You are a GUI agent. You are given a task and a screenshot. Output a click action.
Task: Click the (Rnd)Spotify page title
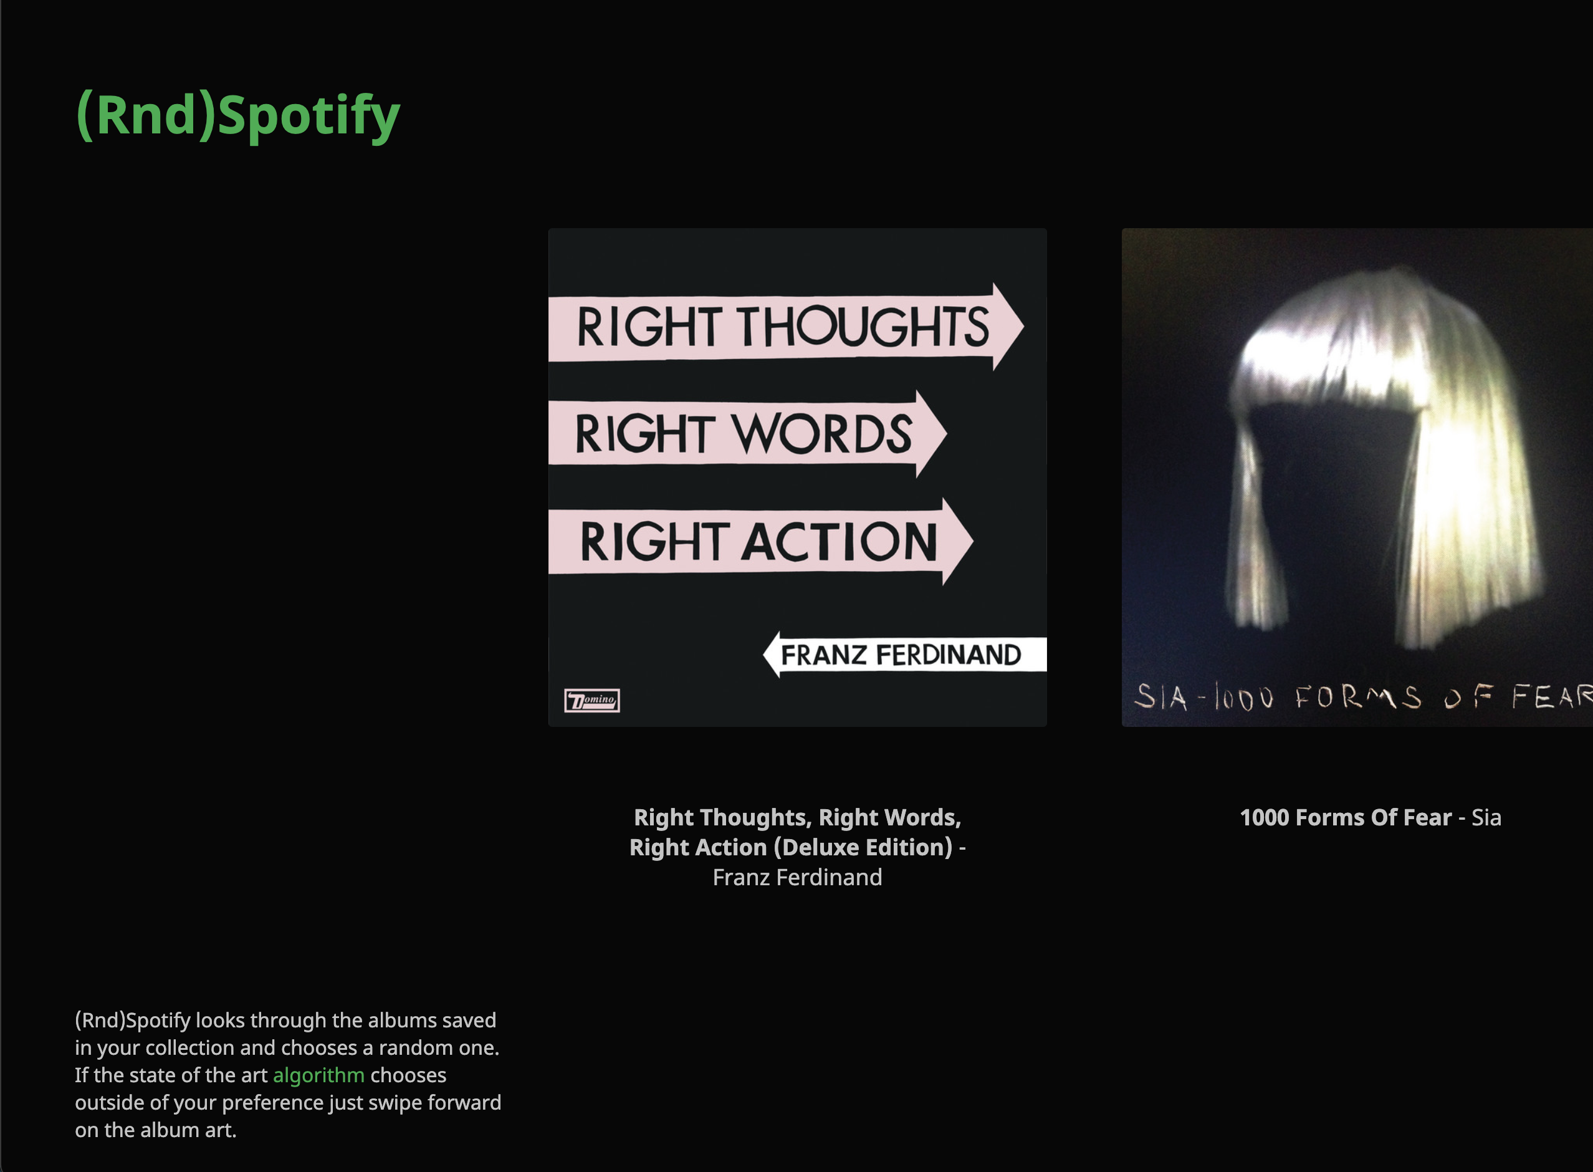(237, 115)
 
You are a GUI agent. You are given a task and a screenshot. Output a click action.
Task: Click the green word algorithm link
(318, 1075)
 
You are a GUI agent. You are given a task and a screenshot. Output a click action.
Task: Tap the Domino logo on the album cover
(591, 700)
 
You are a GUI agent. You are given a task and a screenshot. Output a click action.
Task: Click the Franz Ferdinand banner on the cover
(904, 654)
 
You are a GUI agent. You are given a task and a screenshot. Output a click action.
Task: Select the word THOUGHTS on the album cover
(864, 327)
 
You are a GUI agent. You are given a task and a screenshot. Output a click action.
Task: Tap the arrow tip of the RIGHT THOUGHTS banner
(1023, 326)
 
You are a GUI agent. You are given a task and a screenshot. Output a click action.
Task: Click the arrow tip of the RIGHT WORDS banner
(946, 433)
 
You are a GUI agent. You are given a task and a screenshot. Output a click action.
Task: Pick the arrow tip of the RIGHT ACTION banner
(972, 542)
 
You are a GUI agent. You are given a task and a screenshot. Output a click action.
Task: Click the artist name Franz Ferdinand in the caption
(797, 878)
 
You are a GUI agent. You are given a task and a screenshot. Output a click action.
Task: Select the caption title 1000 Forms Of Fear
(1346, 817)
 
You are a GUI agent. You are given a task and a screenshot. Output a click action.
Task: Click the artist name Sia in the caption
(1486, 817)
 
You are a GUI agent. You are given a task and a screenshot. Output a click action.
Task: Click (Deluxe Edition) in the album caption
(863, 848)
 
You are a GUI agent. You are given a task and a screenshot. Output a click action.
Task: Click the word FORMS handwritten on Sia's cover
(1358, 697)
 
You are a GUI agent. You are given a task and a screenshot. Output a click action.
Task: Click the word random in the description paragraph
(411, 1048)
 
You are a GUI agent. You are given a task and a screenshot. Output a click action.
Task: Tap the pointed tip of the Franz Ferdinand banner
(764, 654)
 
